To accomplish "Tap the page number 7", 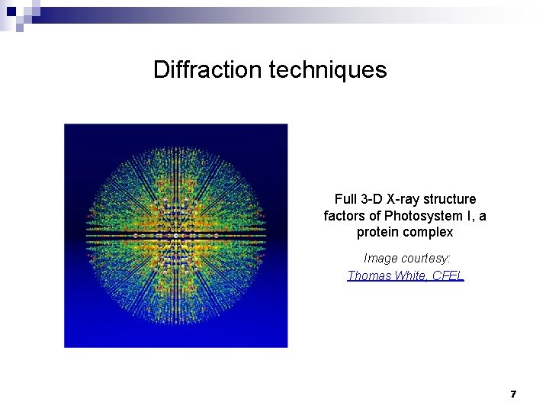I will click(513, 394).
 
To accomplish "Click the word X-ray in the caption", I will click(405, 199).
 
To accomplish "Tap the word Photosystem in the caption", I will click(422, 216).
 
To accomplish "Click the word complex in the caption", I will click(429, 232).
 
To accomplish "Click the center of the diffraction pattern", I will click(176, 236).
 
